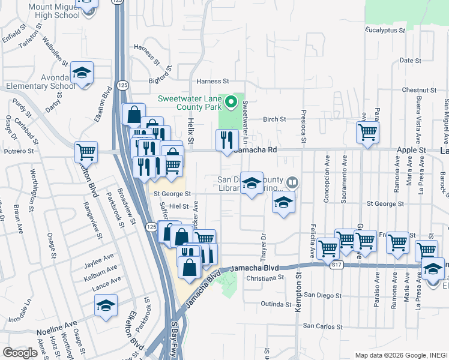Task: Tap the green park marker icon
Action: point(231,103)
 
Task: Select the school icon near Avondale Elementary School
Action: point(82,73)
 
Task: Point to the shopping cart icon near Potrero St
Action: point(86,152)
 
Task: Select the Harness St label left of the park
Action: point(211,81)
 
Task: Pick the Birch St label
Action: point(274,119)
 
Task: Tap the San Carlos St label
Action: point(324,326)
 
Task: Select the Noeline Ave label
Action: point(55,331)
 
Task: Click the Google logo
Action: point(20,353)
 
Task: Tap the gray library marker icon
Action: point(292,181)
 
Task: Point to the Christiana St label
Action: point(264,278)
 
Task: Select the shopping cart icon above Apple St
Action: point(367,133)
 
